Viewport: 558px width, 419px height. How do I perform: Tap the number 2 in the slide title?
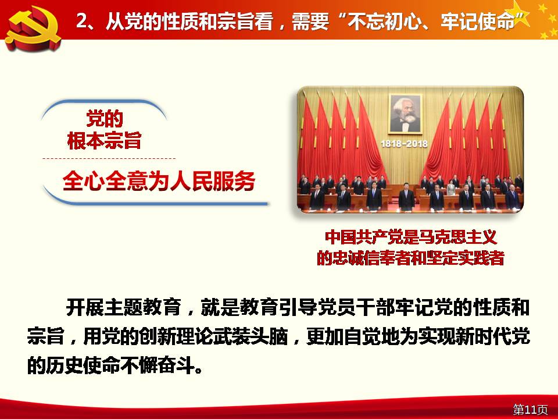(81, 21)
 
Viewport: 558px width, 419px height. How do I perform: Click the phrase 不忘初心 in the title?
(384, 22)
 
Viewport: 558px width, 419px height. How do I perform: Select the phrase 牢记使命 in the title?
(477, 22)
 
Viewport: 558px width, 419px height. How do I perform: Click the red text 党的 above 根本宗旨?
(105, 119)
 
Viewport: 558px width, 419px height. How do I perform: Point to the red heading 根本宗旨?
(104, 140)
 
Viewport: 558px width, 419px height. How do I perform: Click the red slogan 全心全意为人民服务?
(159, 181)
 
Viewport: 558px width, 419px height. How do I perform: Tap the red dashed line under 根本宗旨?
(109, 158)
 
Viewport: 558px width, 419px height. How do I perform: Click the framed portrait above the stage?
(405, 113)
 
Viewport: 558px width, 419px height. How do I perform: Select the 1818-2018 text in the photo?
(404, 144)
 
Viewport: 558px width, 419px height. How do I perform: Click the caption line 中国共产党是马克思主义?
(410, 237)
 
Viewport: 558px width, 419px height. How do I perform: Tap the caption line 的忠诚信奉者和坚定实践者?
(410, 258)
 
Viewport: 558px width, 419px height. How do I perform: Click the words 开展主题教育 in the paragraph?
(123, 307)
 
